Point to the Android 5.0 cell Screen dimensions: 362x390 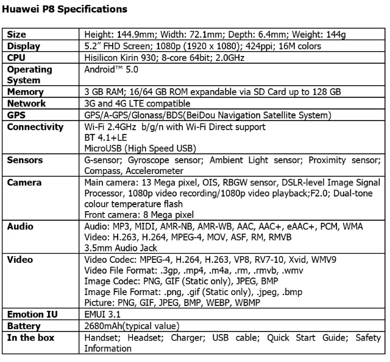(x=107, y=69)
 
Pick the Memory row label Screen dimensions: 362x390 (x=25, y=92)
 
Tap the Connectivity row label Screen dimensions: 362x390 (x=35, y=127)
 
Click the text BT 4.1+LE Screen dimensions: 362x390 (x=105, y=137)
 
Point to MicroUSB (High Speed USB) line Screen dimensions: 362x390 (x=140, y=148)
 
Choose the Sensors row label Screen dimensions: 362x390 (x=26, y=160)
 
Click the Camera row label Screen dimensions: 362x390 (x=24, y=183)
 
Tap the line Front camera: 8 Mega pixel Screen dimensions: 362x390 (x=139, y=214)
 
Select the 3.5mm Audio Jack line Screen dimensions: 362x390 (x=121, y=248)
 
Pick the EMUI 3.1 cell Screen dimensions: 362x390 (x=103, y=315)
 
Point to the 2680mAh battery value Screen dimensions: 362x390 (x=105, y=326)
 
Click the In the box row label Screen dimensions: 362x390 (x=30, y=338)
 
